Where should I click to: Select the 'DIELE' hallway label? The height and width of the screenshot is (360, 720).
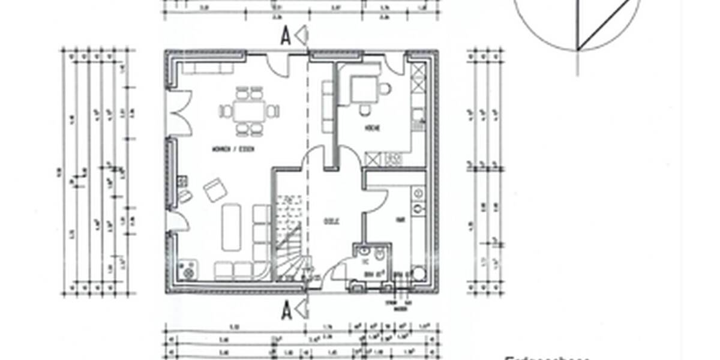[329, 220]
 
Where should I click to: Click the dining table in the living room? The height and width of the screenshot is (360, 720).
[249, 111]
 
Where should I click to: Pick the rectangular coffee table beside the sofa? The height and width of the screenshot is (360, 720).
[231, 227]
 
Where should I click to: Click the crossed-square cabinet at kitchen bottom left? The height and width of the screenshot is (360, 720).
[374, 160]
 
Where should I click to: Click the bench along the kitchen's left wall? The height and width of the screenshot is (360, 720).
[328, 108]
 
